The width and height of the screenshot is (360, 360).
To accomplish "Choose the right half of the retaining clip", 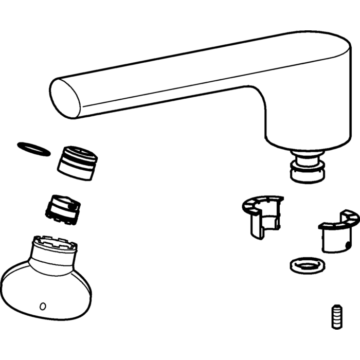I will coord(337,231).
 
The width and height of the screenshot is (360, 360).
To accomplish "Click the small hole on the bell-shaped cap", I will coord(43,307).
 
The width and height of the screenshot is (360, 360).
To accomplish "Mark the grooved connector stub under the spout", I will coord(308,165).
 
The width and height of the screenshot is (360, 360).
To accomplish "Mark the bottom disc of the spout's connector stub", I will coord(308,175).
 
